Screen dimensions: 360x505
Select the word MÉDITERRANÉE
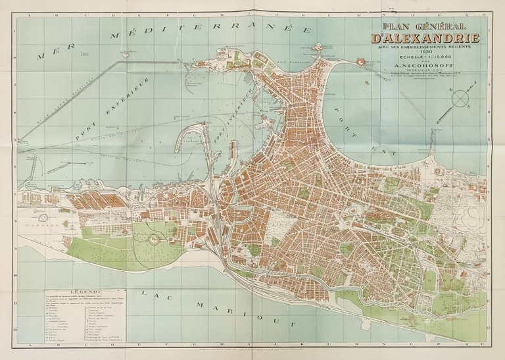tap(210, 30)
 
